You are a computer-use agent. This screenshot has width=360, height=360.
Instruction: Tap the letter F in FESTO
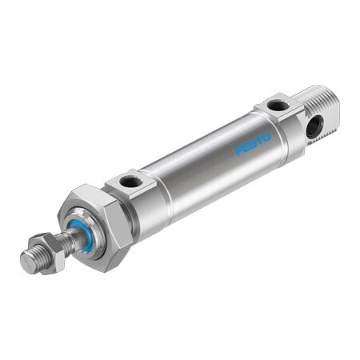point(239,150)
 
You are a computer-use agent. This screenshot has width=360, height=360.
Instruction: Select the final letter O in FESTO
point(267,137)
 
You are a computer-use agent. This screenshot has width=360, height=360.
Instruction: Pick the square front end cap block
point(136,196)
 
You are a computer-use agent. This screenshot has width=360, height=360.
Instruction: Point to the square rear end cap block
point(284,120)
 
